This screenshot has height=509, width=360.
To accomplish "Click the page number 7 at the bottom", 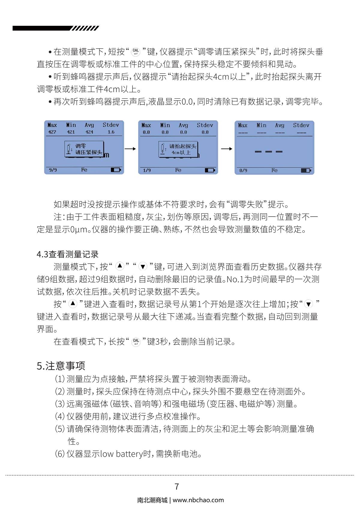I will pyautogui.click(x=177, y=487).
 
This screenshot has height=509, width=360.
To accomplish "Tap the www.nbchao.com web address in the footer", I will pyautogui.click(x=198, y=500).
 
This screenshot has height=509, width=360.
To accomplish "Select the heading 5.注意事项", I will pyautogui.click(x=61, y=366).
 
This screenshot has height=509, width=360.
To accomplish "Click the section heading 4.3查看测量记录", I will pyautogui.click(x=67, y=254).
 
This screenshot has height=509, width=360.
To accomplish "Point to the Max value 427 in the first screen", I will pyautogui.click(x=52, y=132).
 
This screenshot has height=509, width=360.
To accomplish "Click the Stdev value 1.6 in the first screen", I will pyautogui.click(x=111, y=132).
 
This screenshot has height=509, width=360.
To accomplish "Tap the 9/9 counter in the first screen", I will pyautogui.click(x=53, y=170).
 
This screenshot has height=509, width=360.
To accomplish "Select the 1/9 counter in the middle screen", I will pyautogui.click(x=147, y=170).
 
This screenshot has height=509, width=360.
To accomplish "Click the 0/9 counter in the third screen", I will pyautogui.click(x=243, y=170).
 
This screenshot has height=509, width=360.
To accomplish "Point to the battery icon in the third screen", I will pyautogui.click(x=306, y=170).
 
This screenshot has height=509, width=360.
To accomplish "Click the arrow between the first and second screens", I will pyautogui.click(x=130, y=149).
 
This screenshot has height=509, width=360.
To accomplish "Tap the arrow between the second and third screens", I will pyautogui.click(x=226, y=149).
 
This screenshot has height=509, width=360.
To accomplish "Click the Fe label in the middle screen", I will pyautogui.click(x=178, y=170).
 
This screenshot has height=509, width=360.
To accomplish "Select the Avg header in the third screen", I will pyautogui.click(x=280, y=125).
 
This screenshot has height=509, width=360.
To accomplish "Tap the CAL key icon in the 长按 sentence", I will pyautogui.click(x=136, y=342).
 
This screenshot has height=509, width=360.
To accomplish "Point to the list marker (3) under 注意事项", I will pyautogui.click(x=60, y=404).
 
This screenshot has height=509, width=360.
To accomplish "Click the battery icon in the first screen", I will pyautogui.click(x=116, y=170).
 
